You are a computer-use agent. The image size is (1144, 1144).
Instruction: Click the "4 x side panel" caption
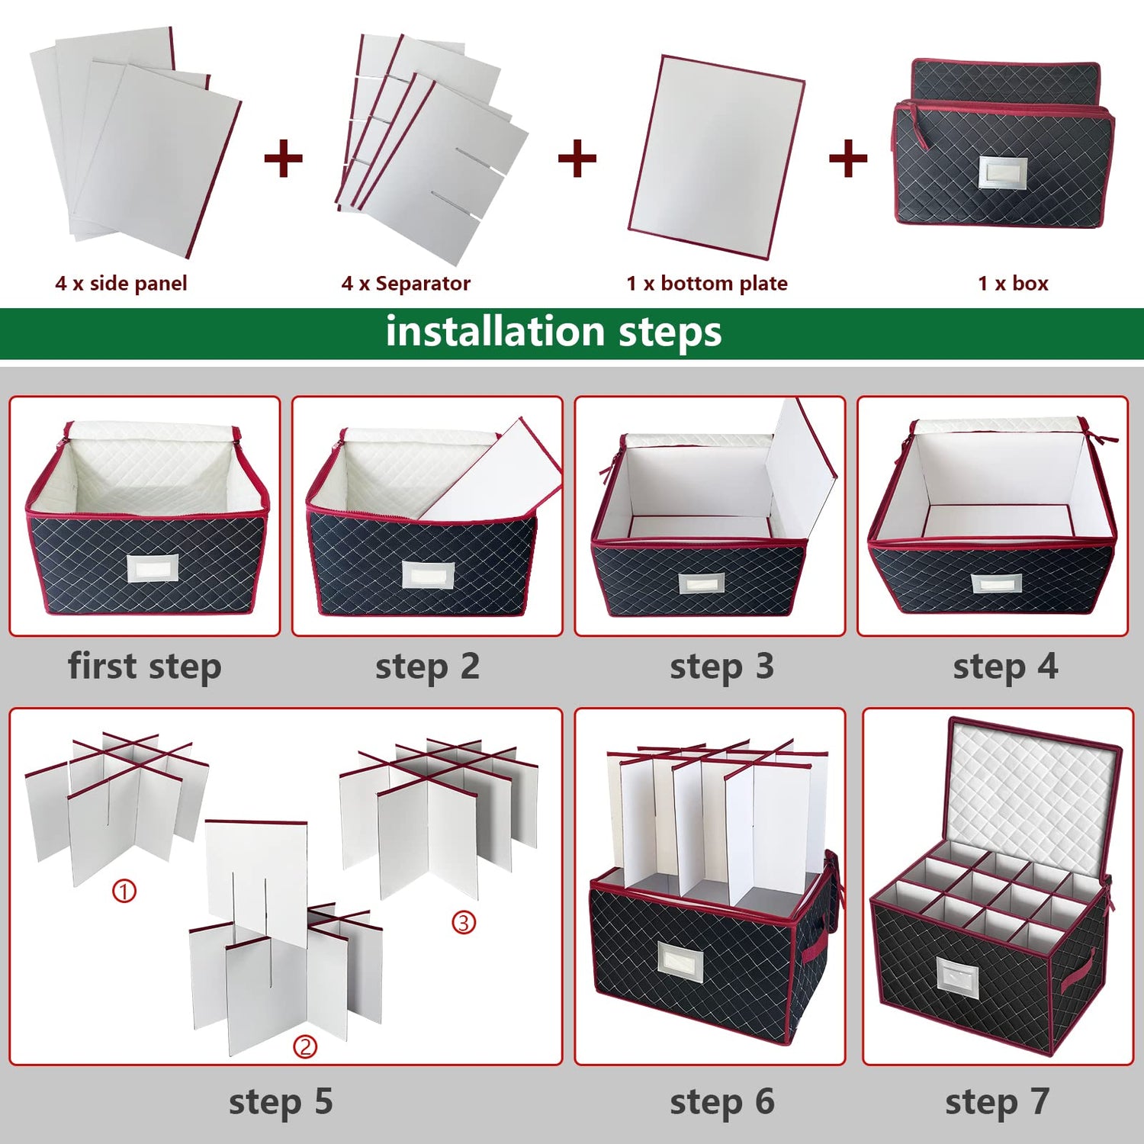(x=121, y=284)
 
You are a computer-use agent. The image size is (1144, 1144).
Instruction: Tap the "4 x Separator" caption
(x=406, y=284)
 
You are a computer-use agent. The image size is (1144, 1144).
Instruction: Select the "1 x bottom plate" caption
(x=707, y=284)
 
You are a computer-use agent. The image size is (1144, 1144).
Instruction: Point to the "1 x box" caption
(x=1013, y=284)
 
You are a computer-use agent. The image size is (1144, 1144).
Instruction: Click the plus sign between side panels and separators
(x=283, y=159)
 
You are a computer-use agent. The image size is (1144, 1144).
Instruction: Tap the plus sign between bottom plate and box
(x=848, y=159)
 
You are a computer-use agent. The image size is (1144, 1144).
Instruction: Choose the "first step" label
(x=145, y=667)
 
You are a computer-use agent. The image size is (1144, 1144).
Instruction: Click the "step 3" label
(x=721, y=667)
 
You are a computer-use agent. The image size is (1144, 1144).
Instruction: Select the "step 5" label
(x=281, y=1102)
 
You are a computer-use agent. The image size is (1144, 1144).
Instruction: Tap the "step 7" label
(x=998, y=1102)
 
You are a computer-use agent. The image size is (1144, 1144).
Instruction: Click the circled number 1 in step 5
(x=124, y=891)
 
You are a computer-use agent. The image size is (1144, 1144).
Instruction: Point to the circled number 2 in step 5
(x=305, y=1046)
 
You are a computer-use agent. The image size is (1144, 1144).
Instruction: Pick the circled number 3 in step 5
(x=464, y=923)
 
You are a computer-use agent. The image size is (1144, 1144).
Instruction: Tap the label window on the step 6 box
(x=681, y=962)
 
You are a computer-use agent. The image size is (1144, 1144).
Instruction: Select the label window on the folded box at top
(x=1003, y=172)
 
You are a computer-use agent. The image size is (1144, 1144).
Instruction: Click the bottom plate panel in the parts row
(x=717, y=157)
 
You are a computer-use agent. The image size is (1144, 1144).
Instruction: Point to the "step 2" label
(x=427, y=667)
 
